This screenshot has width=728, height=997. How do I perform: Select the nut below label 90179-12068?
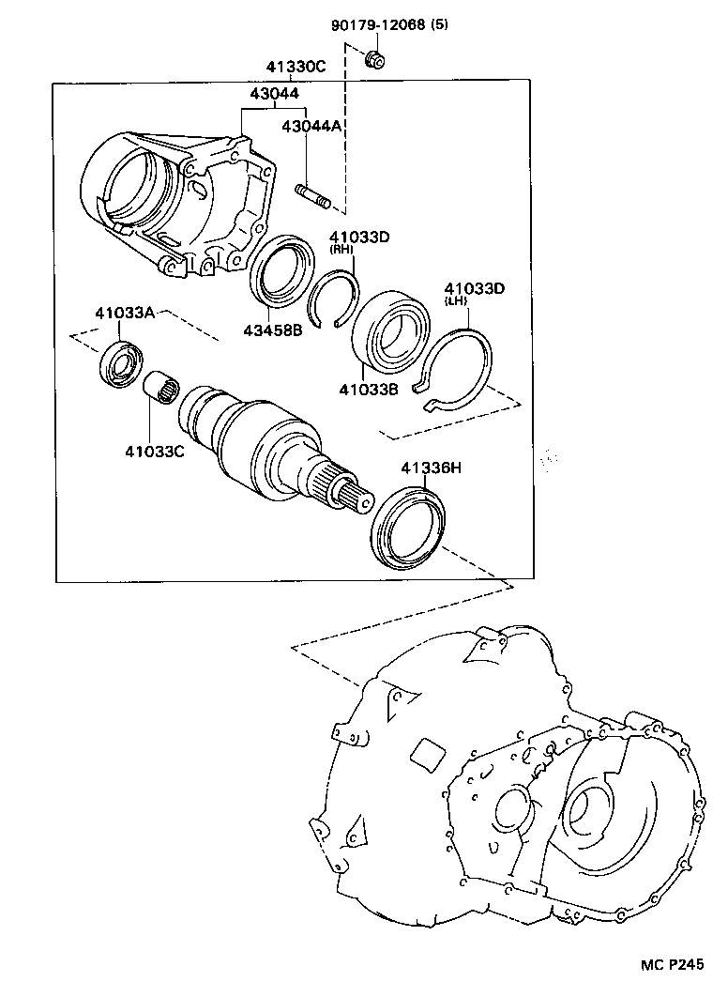375,62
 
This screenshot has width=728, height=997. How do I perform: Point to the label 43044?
274,94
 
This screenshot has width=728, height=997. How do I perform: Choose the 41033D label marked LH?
475,288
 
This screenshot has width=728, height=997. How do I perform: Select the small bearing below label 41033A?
122,365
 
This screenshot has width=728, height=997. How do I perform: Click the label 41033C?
154,451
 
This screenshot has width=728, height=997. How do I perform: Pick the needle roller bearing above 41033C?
160,387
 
